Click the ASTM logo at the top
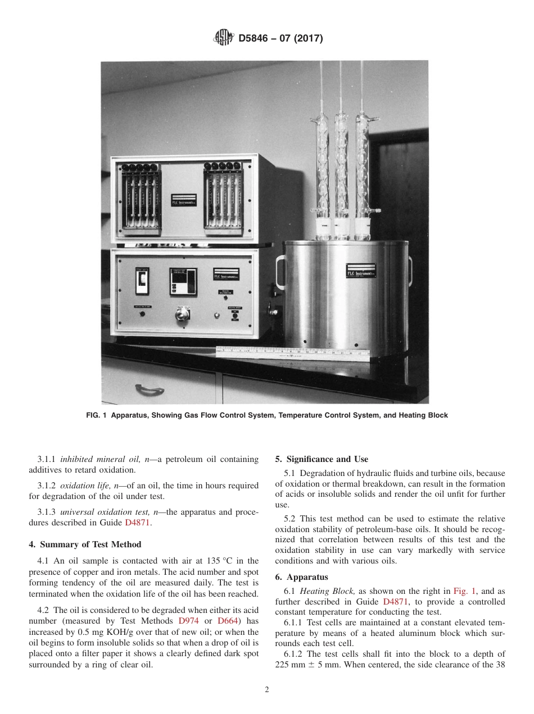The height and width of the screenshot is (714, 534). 224,38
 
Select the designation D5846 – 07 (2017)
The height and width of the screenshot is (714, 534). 280,39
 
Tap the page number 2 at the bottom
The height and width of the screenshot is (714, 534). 267,690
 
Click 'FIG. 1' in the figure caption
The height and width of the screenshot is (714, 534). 97,415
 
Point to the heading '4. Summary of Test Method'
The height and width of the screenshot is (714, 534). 85,544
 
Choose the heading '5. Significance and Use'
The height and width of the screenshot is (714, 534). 322,459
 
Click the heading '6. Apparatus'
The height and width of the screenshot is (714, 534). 301,577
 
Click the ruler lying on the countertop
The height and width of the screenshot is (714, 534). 292,351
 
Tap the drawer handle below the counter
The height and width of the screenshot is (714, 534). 151,389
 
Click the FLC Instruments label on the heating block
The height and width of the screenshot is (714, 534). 361,271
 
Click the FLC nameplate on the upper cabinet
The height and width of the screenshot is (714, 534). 184,200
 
